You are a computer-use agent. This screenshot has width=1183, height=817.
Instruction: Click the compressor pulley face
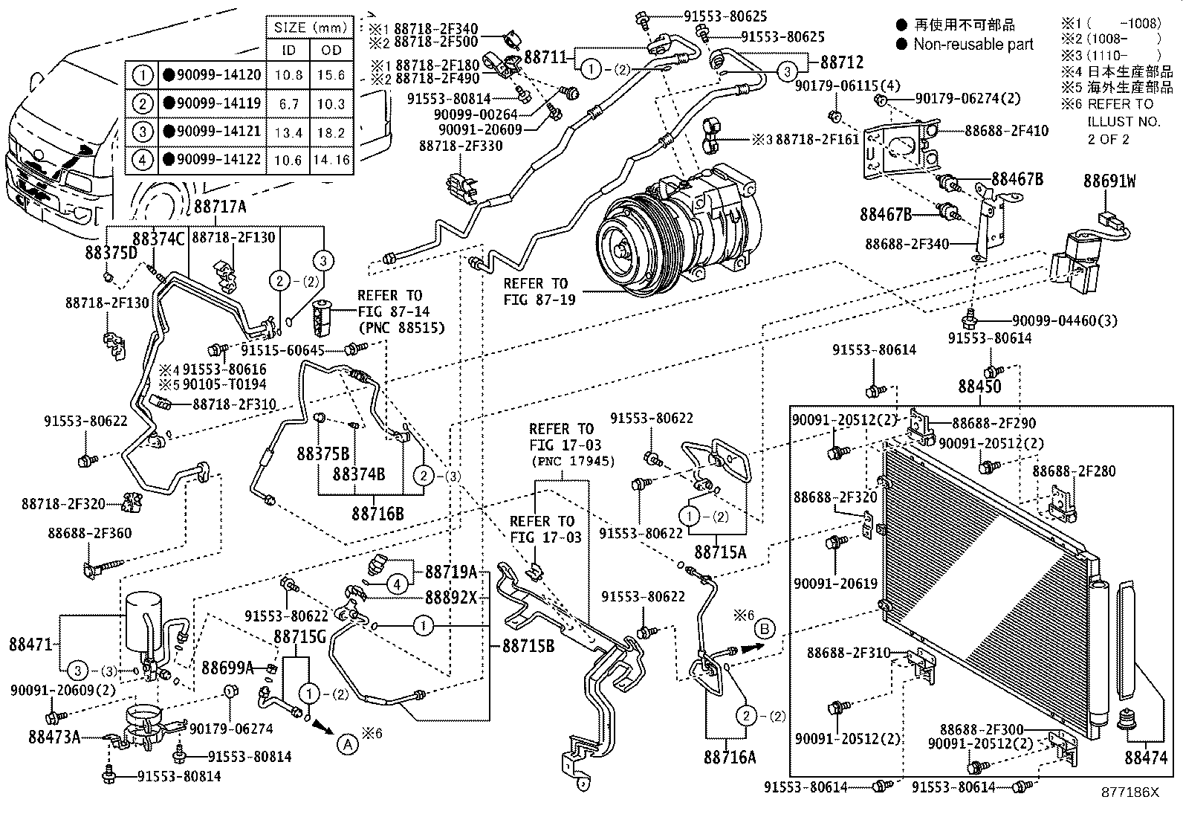[x=623, y=250]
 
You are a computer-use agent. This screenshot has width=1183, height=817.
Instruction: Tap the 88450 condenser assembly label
[x=979, y=387]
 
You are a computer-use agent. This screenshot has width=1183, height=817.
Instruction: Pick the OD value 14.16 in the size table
[x=331, y=159]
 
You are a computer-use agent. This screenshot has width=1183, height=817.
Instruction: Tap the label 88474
[x=1145, y=758]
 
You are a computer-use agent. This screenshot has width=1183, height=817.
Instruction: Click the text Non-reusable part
[x=973, y=45]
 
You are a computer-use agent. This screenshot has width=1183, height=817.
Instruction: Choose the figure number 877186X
[x=1130, y=792]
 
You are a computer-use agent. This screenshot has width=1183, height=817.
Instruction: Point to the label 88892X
[x=450, y=597]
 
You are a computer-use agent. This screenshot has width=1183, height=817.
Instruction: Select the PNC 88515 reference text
[x=401, y=327]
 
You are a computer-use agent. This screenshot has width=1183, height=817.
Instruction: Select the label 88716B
[x=377, y=513]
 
